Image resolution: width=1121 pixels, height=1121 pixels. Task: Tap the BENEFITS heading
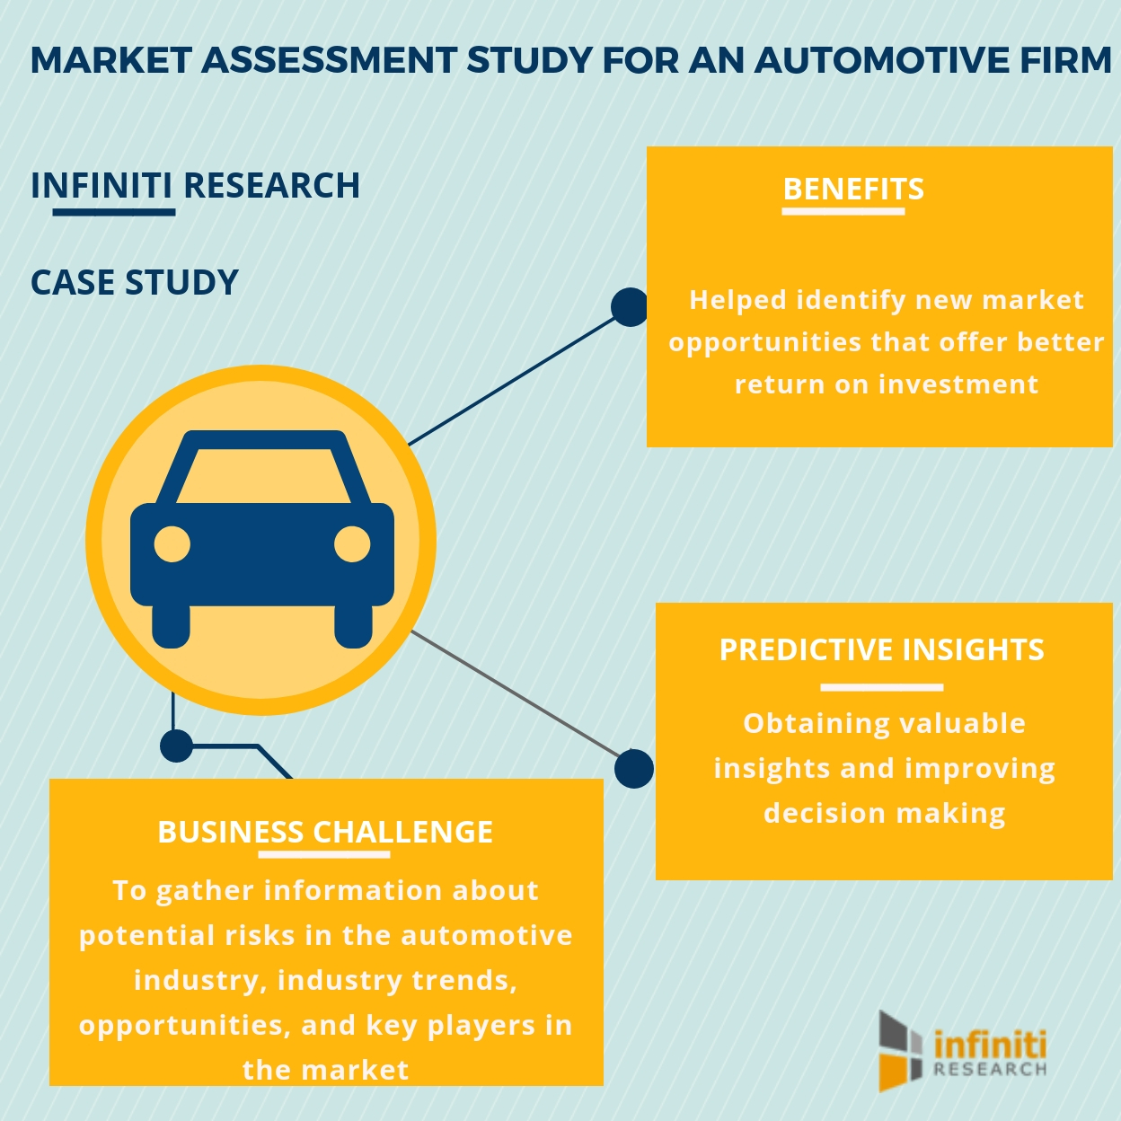tap(852, 190)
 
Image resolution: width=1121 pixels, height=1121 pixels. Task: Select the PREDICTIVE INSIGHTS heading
tap(881, 649)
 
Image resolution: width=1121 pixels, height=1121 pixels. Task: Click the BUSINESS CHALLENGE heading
tap(325, 832)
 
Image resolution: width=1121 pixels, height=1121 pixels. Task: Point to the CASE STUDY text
tap(135, 283)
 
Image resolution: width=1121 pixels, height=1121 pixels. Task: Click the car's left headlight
tap(172, 544)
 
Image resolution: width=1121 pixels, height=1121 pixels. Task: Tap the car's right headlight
tap(352, 544)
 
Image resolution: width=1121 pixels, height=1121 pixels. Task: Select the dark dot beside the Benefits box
tap(630, 307)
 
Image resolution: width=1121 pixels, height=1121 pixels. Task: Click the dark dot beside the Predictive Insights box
tap(634, 769)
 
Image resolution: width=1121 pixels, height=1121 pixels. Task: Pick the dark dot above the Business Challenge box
tap(176, 745)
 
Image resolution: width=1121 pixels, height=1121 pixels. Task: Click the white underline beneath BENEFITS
tap(843, 212)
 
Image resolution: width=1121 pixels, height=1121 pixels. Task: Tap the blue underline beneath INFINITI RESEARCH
tap(113, 212)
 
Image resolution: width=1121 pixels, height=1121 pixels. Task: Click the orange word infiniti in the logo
tap(990, 1045)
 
